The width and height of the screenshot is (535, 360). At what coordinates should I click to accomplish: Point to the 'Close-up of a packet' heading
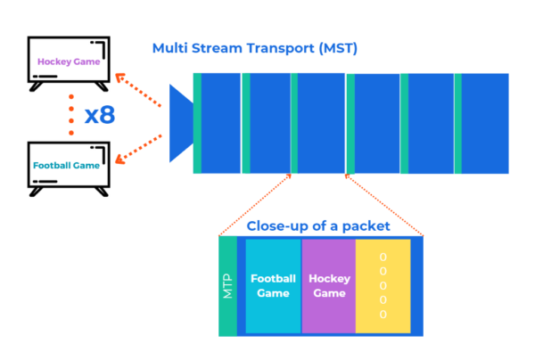(x=318, y=226)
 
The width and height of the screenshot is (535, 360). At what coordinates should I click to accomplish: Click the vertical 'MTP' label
(x=228, y=286)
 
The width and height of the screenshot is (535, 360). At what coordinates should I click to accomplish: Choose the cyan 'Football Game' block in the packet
(x=273, y=286)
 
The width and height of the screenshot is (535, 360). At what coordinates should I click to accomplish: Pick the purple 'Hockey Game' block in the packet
(x=329, y=286)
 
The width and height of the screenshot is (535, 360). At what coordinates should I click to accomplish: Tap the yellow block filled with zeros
(x=383, y=286)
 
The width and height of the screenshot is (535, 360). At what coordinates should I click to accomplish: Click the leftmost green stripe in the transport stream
(x=197, y=123)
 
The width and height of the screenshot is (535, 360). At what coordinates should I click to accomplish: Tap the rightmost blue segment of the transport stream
(x=485, y=123)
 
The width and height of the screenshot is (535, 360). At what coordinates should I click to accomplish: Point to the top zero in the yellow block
(x=383, y=257)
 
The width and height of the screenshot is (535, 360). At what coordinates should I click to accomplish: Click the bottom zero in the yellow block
(x=383, y=314)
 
